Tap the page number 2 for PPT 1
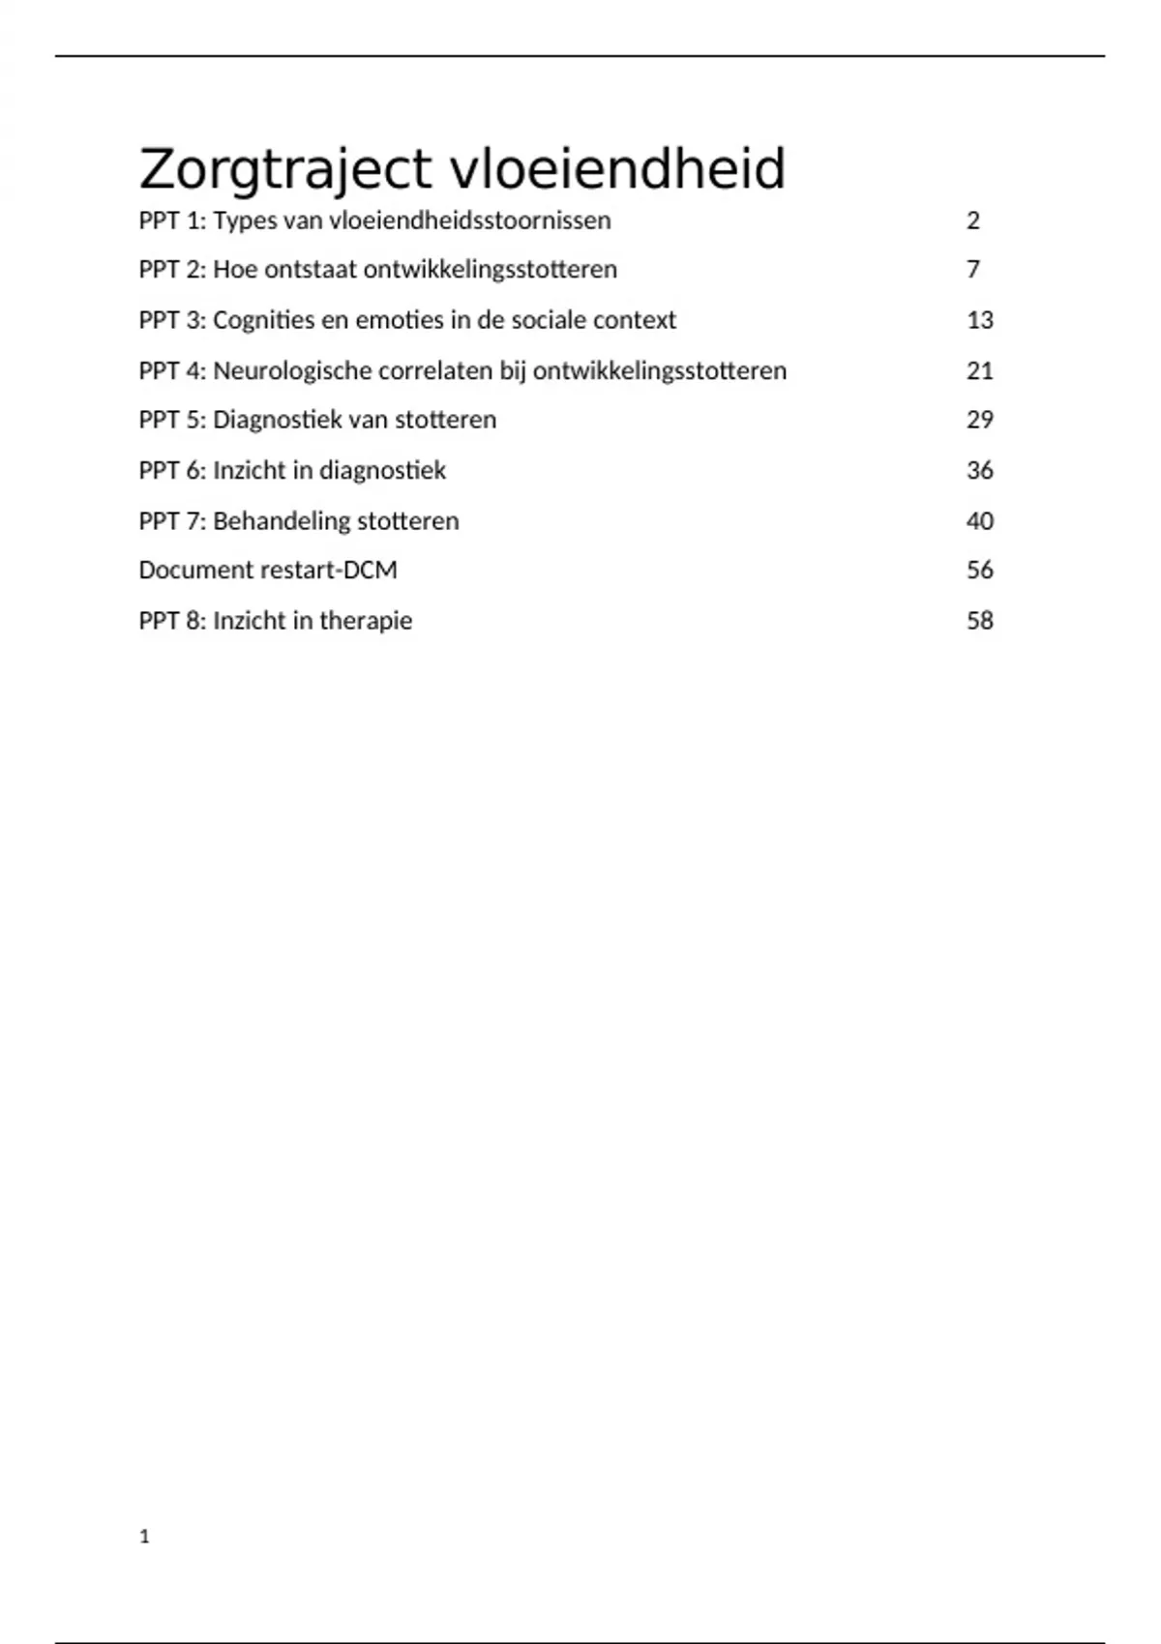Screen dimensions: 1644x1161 point(973,220)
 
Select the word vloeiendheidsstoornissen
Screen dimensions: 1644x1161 point(470,220)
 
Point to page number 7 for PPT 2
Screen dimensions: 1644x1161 point(973,269)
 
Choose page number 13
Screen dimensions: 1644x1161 point(980,320)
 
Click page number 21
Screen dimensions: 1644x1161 point(980,371)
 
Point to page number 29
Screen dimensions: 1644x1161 point(980,420)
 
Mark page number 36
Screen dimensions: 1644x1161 point(980,471)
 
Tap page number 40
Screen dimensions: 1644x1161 point(980,521)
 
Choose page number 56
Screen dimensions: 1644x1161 point(980,570)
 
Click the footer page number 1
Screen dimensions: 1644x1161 point(145,1537)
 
